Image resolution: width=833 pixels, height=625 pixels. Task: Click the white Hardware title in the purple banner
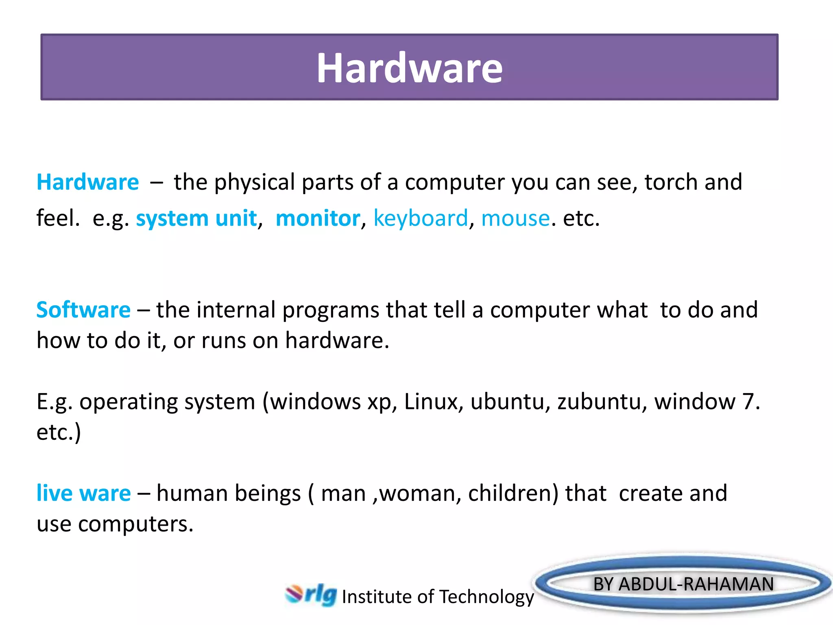pos(409,68)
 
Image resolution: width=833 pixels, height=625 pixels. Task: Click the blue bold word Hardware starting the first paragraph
pos(87,182)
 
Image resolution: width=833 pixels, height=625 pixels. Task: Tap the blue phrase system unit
pos(196,218)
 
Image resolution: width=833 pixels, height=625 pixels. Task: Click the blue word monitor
pos(318,218)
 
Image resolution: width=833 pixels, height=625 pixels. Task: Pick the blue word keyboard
pos(421,218)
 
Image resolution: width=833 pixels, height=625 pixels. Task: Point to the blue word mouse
pos(515,218)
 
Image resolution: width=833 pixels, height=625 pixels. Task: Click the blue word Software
pos(83,310)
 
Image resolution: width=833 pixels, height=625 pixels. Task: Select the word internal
pos(236,310)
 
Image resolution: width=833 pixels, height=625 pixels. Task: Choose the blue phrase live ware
pos(83,493)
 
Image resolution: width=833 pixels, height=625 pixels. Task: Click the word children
pos(513,493)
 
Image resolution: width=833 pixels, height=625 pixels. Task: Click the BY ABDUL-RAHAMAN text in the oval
pos(683,584)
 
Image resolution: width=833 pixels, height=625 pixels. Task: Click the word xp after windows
pos(379,402)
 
